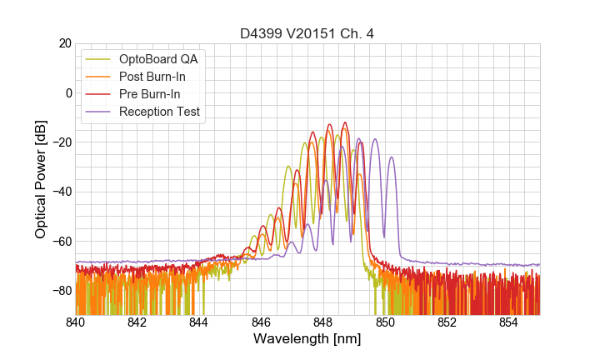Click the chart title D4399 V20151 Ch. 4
pos(307,33)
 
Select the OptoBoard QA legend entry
pos(159,59)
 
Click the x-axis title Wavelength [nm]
pos(307,339)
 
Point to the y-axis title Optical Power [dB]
pos(41,179)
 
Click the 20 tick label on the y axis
pos(64,43)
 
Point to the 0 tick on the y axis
pos(67,92)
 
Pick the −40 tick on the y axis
pos(60,192)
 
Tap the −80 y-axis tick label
pos(60,291)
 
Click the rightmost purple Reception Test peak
pos(392,157)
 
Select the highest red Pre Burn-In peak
pos(343,122)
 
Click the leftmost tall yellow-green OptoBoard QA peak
pos(288,166)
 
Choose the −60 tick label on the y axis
pos(60,242)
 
